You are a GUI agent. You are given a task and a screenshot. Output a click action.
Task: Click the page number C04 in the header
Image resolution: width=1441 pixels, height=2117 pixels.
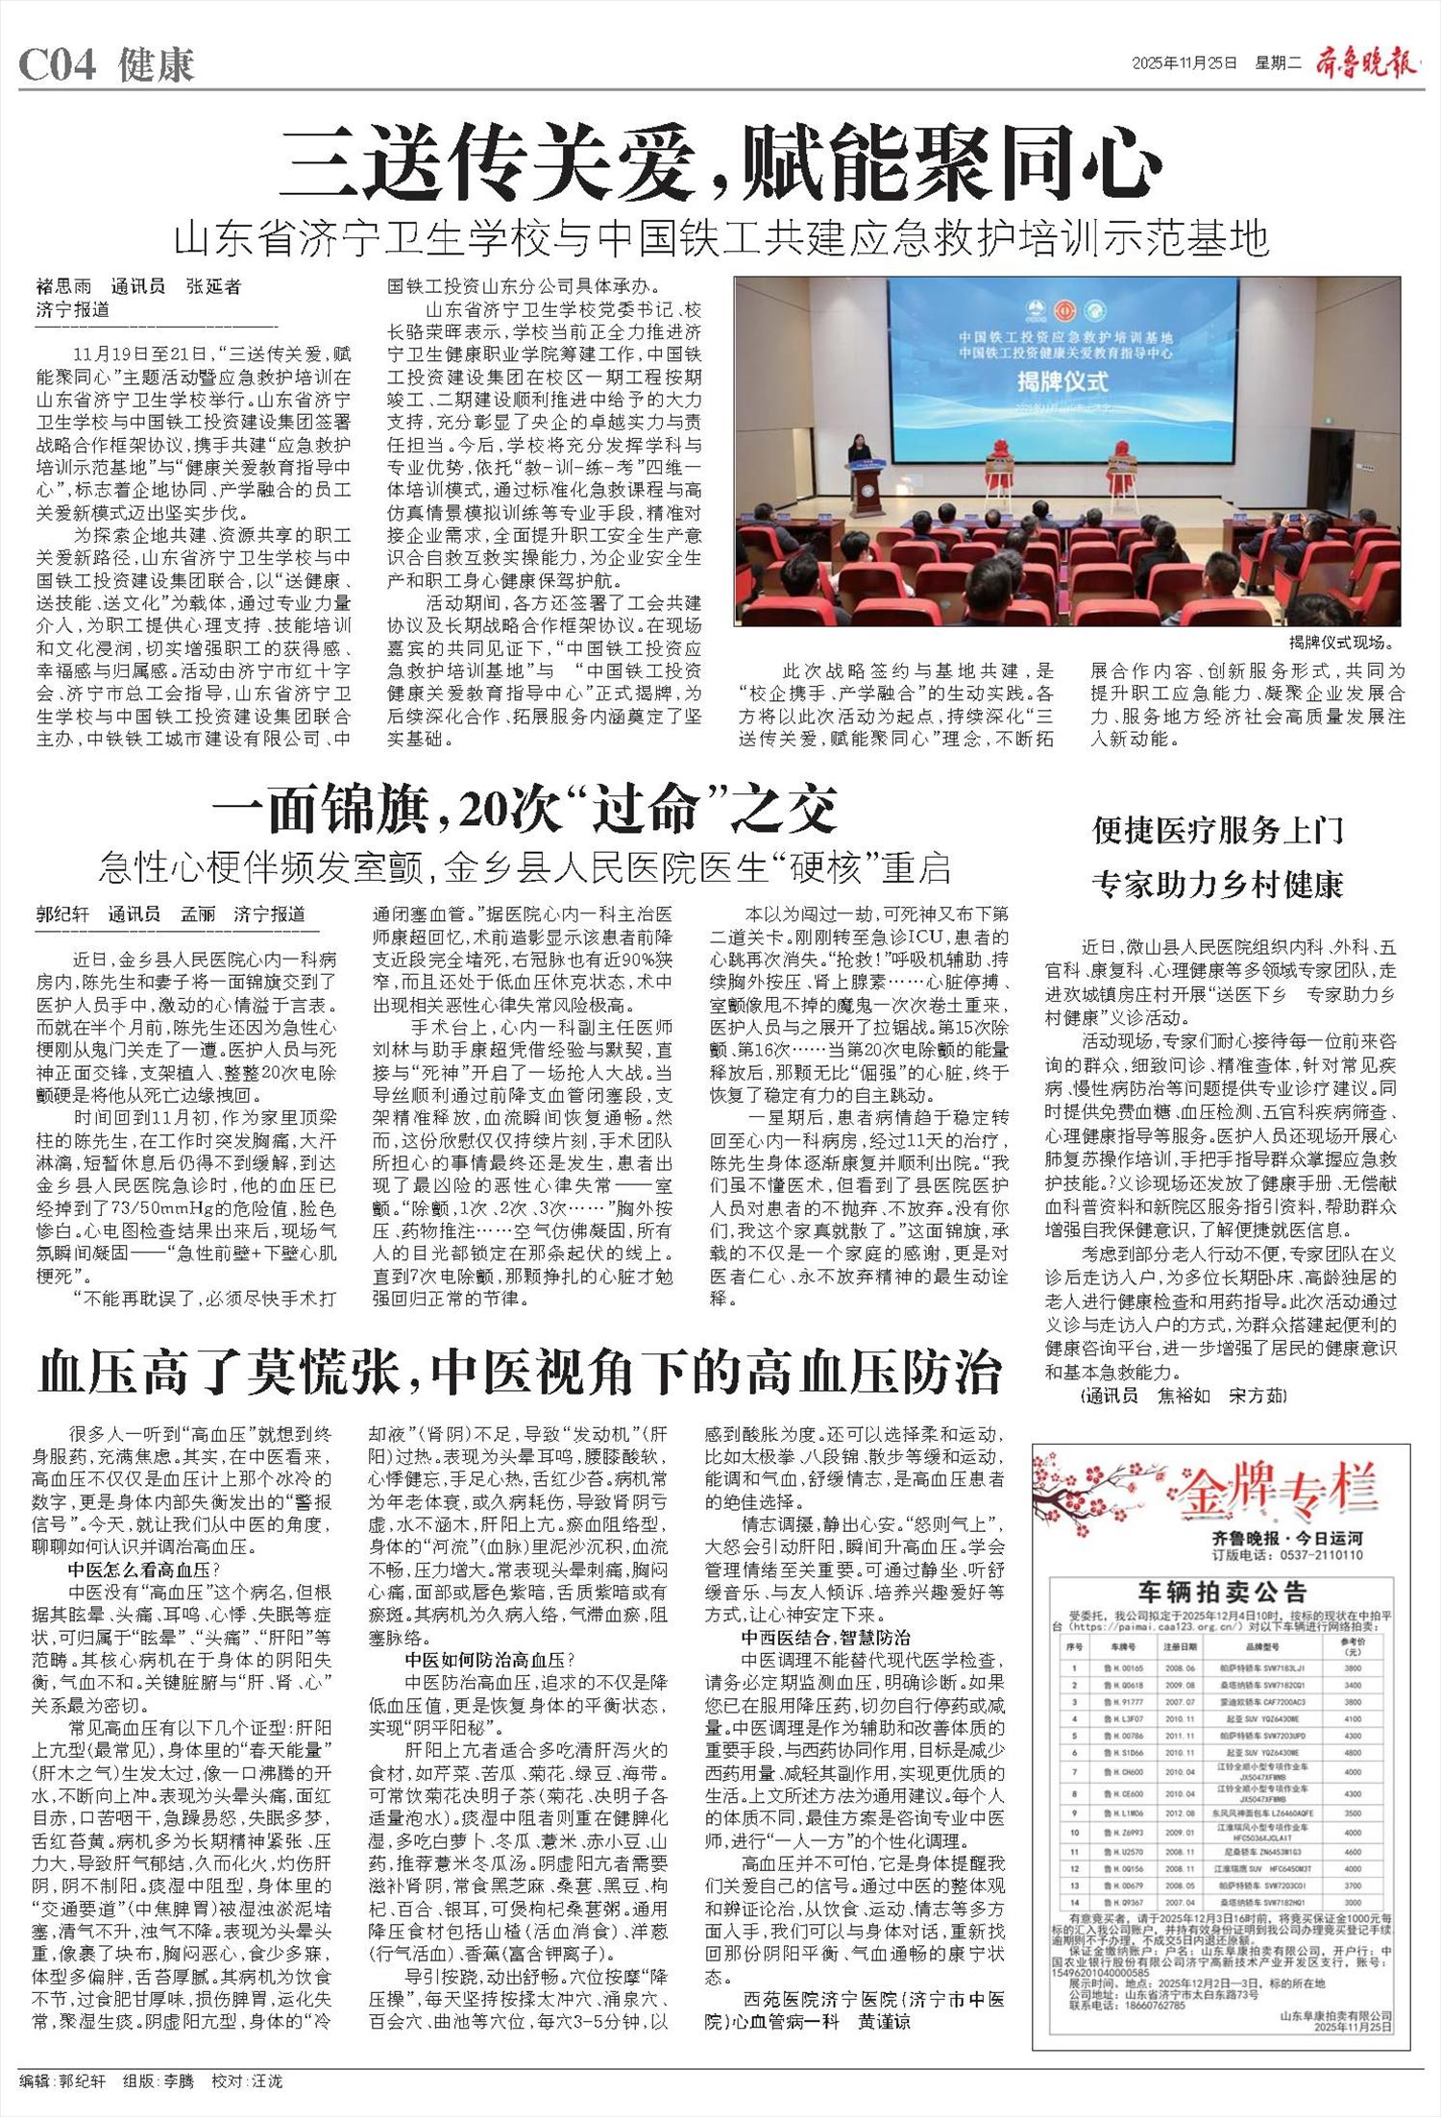[59, 65]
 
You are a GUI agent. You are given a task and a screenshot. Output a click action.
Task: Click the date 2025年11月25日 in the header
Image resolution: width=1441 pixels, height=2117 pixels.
[1184, 64]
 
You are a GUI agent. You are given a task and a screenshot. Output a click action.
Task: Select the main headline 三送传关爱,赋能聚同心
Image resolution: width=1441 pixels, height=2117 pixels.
[725, 165]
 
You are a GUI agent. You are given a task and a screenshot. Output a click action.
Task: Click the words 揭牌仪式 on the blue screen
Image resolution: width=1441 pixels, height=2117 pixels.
[1062, 380]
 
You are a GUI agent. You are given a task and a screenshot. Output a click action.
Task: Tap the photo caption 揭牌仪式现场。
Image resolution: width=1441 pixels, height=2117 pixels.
[1341, 643]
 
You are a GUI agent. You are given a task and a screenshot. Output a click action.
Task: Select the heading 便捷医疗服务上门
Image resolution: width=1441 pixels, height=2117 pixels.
[1218, 830]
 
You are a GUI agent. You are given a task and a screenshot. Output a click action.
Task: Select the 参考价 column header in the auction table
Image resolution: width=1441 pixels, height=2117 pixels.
[1354, 1647]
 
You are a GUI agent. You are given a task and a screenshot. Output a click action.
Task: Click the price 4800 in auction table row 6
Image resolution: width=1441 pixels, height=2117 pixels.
[1354, 1751]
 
